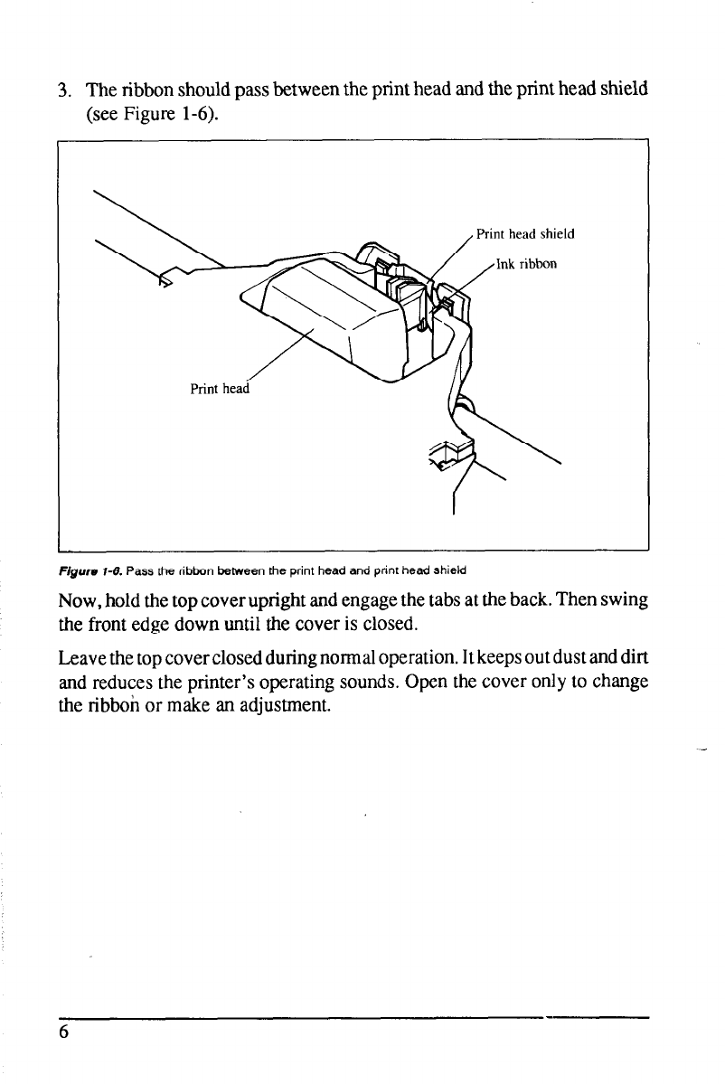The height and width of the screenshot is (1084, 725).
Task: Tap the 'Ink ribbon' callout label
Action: [x=528, y=265]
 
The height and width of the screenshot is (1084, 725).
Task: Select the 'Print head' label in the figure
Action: [x=218, y=389]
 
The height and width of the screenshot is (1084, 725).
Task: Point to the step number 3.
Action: [x=62, y=91]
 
